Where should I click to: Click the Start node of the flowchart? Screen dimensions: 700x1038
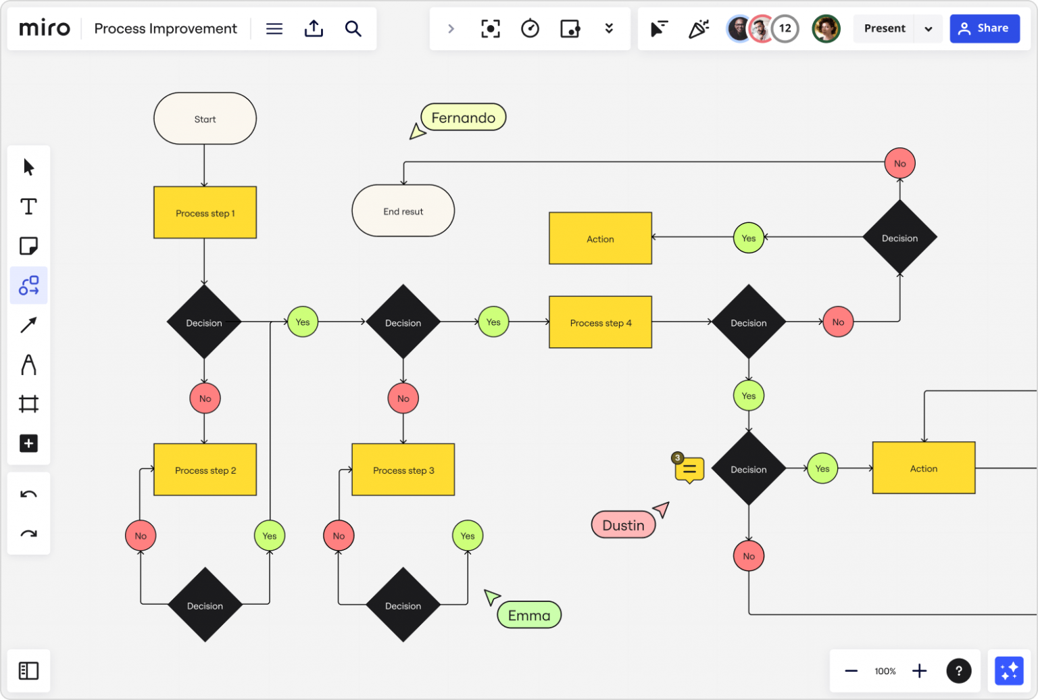point(205,119)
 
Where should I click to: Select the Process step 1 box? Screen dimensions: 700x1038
point(205,213)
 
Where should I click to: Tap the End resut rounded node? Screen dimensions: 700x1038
point(403,211)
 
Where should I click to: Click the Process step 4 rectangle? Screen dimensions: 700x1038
point(600,322)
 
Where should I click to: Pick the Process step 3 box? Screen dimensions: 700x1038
point(403,470)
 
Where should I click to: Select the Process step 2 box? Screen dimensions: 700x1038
point(205,470)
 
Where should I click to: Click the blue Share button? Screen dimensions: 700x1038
point(984,28)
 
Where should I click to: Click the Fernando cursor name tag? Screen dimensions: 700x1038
point(463,118)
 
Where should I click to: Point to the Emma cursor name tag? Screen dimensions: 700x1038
point(529,615)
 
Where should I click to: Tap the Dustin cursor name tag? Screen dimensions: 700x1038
point(622,525)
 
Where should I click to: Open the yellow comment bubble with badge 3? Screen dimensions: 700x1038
point(689,469)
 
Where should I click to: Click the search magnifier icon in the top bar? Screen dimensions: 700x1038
point(353,28)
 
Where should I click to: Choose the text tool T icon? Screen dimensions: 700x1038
point(28,206)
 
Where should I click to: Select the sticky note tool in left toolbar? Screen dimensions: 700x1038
point(28,246)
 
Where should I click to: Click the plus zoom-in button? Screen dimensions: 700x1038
point(919,671)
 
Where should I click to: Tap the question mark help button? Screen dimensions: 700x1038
point(958,671)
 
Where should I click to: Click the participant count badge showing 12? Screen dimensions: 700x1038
point(785,28)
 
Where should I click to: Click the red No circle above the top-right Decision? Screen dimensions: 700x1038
point(899,164)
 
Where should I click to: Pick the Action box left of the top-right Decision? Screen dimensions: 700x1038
point(600,239)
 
